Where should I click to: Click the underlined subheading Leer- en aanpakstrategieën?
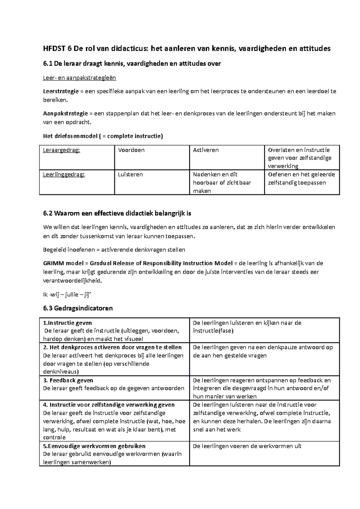click(79, 78)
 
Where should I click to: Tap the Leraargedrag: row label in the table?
click(61, 150)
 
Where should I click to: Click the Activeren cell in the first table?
click(206, 150)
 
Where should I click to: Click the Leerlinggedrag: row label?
click(64, 174)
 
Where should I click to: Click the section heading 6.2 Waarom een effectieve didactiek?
click(117, 214)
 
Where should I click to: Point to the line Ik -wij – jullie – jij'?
click(67, 295)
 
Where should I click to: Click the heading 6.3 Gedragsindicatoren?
click(78, 308)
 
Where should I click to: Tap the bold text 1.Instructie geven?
click(67, 323)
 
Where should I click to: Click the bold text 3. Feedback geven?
click(68, 380)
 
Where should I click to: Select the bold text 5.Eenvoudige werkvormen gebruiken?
click(94, 446)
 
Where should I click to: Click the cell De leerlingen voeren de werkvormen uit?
click(247, 446)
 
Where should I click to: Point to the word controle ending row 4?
click(54, 437)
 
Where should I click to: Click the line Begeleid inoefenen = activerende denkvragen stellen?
click(114, 250)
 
